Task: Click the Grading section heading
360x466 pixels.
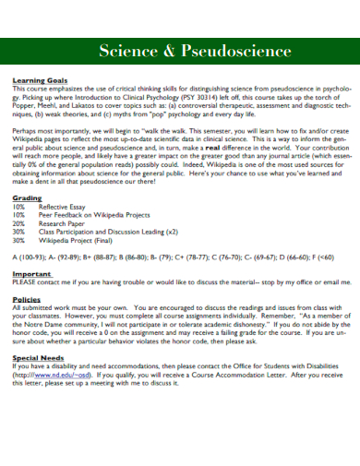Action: click(27, 198)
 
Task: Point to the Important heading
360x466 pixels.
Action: click(31, 274)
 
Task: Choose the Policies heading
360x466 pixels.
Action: click(27, 300)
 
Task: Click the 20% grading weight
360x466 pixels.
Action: click(18, 222)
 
